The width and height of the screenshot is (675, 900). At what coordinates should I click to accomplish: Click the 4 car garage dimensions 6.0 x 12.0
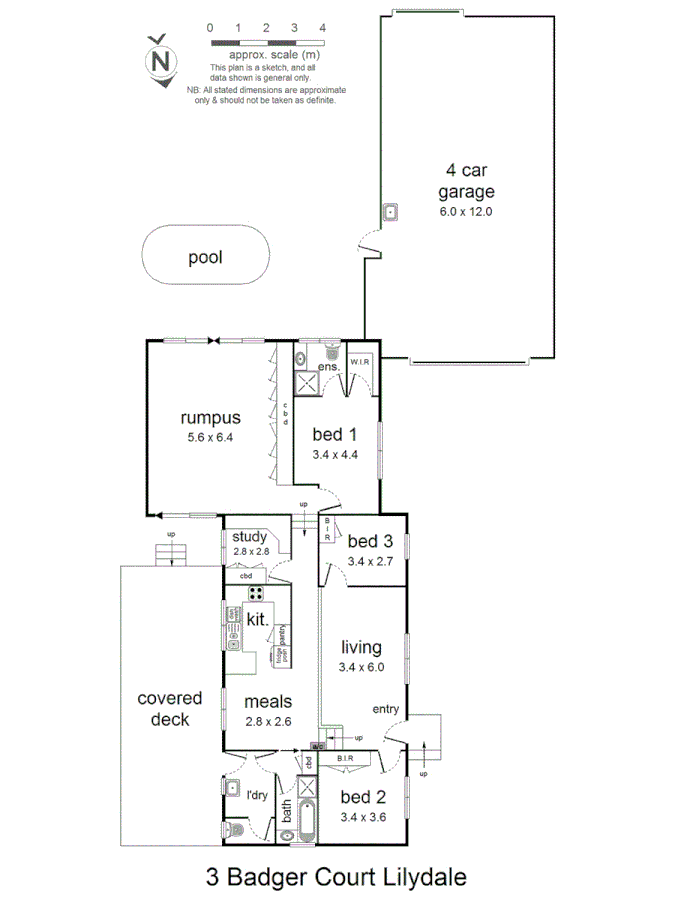click(466, 212)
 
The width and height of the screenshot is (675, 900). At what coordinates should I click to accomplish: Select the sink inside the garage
click(392, 212)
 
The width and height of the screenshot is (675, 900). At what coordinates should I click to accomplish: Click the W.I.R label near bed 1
click(359, 361)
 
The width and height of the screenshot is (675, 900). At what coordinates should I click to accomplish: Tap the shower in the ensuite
click(306, 381)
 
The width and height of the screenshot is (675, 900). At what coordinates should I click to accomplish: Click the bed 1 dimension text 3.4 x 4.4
click(335, 454)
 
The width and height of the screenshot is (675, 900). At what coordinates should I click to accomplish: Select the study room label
click(249, 537)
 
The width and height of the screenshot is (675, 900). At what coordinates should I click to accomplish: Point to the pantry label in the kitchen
click(283, 634)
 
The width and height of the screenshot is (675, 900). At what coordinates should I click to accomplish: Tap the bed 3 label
click(370, 541)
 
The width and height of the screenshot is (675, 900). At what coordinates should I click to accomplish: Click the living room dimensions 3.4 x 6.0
click(362, 666)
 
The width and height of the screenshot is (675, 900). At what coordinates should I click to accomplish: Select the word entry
click(385, 710)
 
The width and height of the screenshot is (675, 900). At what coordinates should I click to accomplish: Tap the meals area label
click(268, 701)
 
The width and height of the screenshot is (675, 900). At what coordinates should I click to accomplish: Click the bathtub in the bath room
click(306, 819)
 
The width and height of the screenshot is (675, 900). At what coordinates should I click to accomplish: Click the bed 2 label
click(363, 797)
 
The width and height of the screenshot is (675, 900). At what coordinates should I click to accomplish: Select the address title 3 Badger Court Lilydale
click(336, 877)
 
